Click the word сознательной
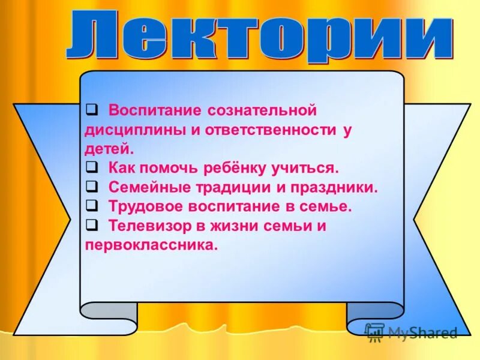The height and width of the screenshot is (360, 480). click(x=262, y=111)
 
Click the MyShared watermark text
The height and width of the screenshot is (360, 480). click(x=422, y=332)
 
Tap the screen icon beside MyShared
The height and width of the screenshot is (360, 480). click(x=374, y=331)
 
